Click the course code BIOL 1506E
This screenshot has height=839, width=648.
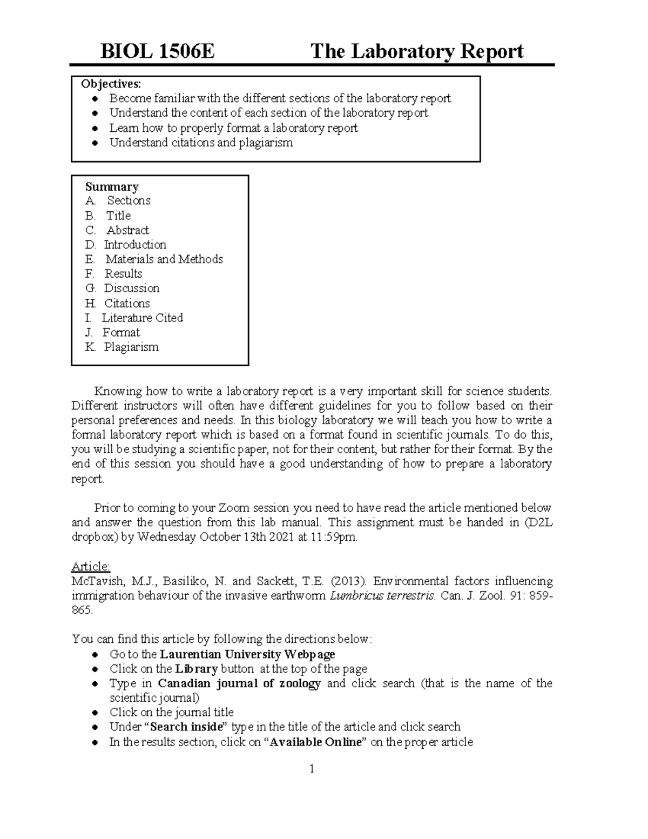pyautogui.click(x=158, y=52)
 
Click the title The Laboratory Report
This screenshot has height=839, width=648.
pyautogui.click(x=417, y=52)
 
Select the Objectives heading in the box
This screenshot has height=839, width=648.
pyautogui.click(x=111, y=84)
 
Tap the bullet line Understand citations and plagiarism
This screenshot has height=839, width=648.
pyautogui.click(x=201, y=143)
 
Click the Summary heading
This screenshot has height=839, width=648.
pyautogui.click(x=112, y=187)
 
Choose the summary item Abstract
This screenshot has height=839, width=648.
pyautogui.click(x=127, y=230)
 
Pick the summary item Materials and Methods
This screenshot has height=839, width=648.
pyautogui.click(x=164, y=259)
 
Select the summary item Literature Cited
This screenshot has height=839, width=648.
pyautogui.click(x=143, y=318)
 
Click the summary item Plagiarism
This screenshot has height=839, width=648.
pyautogui.click(x=131, y=347)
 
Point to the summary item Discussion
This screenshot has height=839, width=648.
pyautogui.click(x=132, y=288)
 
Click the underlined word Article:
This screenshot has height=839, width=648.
pyautogui.click(x=91, y=566)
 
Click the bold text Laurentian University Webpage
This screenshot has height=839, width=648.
pyautogui.click(x=247, y=654)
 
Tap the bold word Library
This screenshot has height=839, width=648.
pyautogui.click(x=197, y=669)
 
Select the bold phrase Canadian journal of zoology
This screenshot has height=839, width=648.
pyautogui.click(x=239, y=683)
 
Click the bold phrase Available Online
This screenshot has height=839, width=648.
pyautogui.click(x=315, y=742)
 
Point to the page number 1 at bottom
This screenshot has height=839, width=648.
pyautogui.click(x=312, y=769)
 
